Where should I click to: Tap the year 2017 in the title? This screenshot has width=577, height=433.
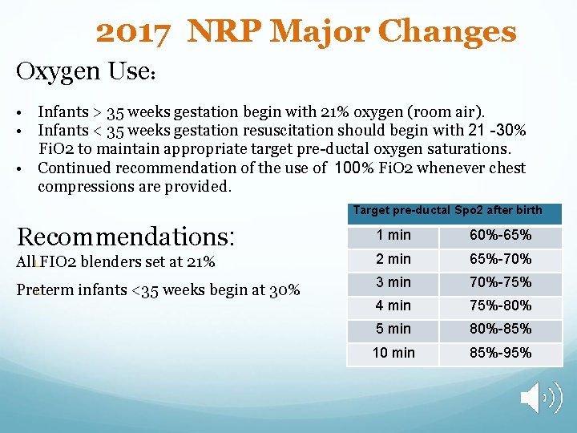point(134,32)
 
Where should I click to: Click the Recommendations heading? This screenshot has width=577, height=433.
point(124,236)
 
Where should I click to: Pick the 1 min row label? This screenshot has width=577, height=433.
point(393,236)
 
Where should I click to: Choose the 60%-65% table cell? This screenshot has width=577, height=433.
point(500,236)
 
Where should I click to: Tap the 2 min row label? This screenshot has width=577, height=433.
point(393,259)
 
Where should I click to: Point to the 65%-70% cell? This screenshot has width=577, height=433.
point(500,259)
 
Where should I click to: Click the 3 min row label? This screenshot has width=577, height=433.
point(393,282)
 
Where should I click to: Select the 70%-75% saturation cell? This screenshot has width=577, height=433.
point(500,282)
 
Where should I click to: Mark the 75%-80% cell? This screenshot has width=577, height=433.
point(500,306)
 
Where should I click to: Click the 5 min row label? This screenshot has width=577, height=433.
point(393,329)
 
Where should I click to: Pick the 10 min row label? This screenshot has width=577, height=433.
point(393,353)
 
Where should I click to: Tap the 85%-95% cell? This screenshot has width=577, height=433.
point(500,353)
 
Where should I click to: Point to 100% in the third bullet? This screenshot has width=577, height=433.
point(350,168)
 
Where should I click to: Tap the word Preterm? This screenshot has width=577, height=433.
point(43,289)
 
